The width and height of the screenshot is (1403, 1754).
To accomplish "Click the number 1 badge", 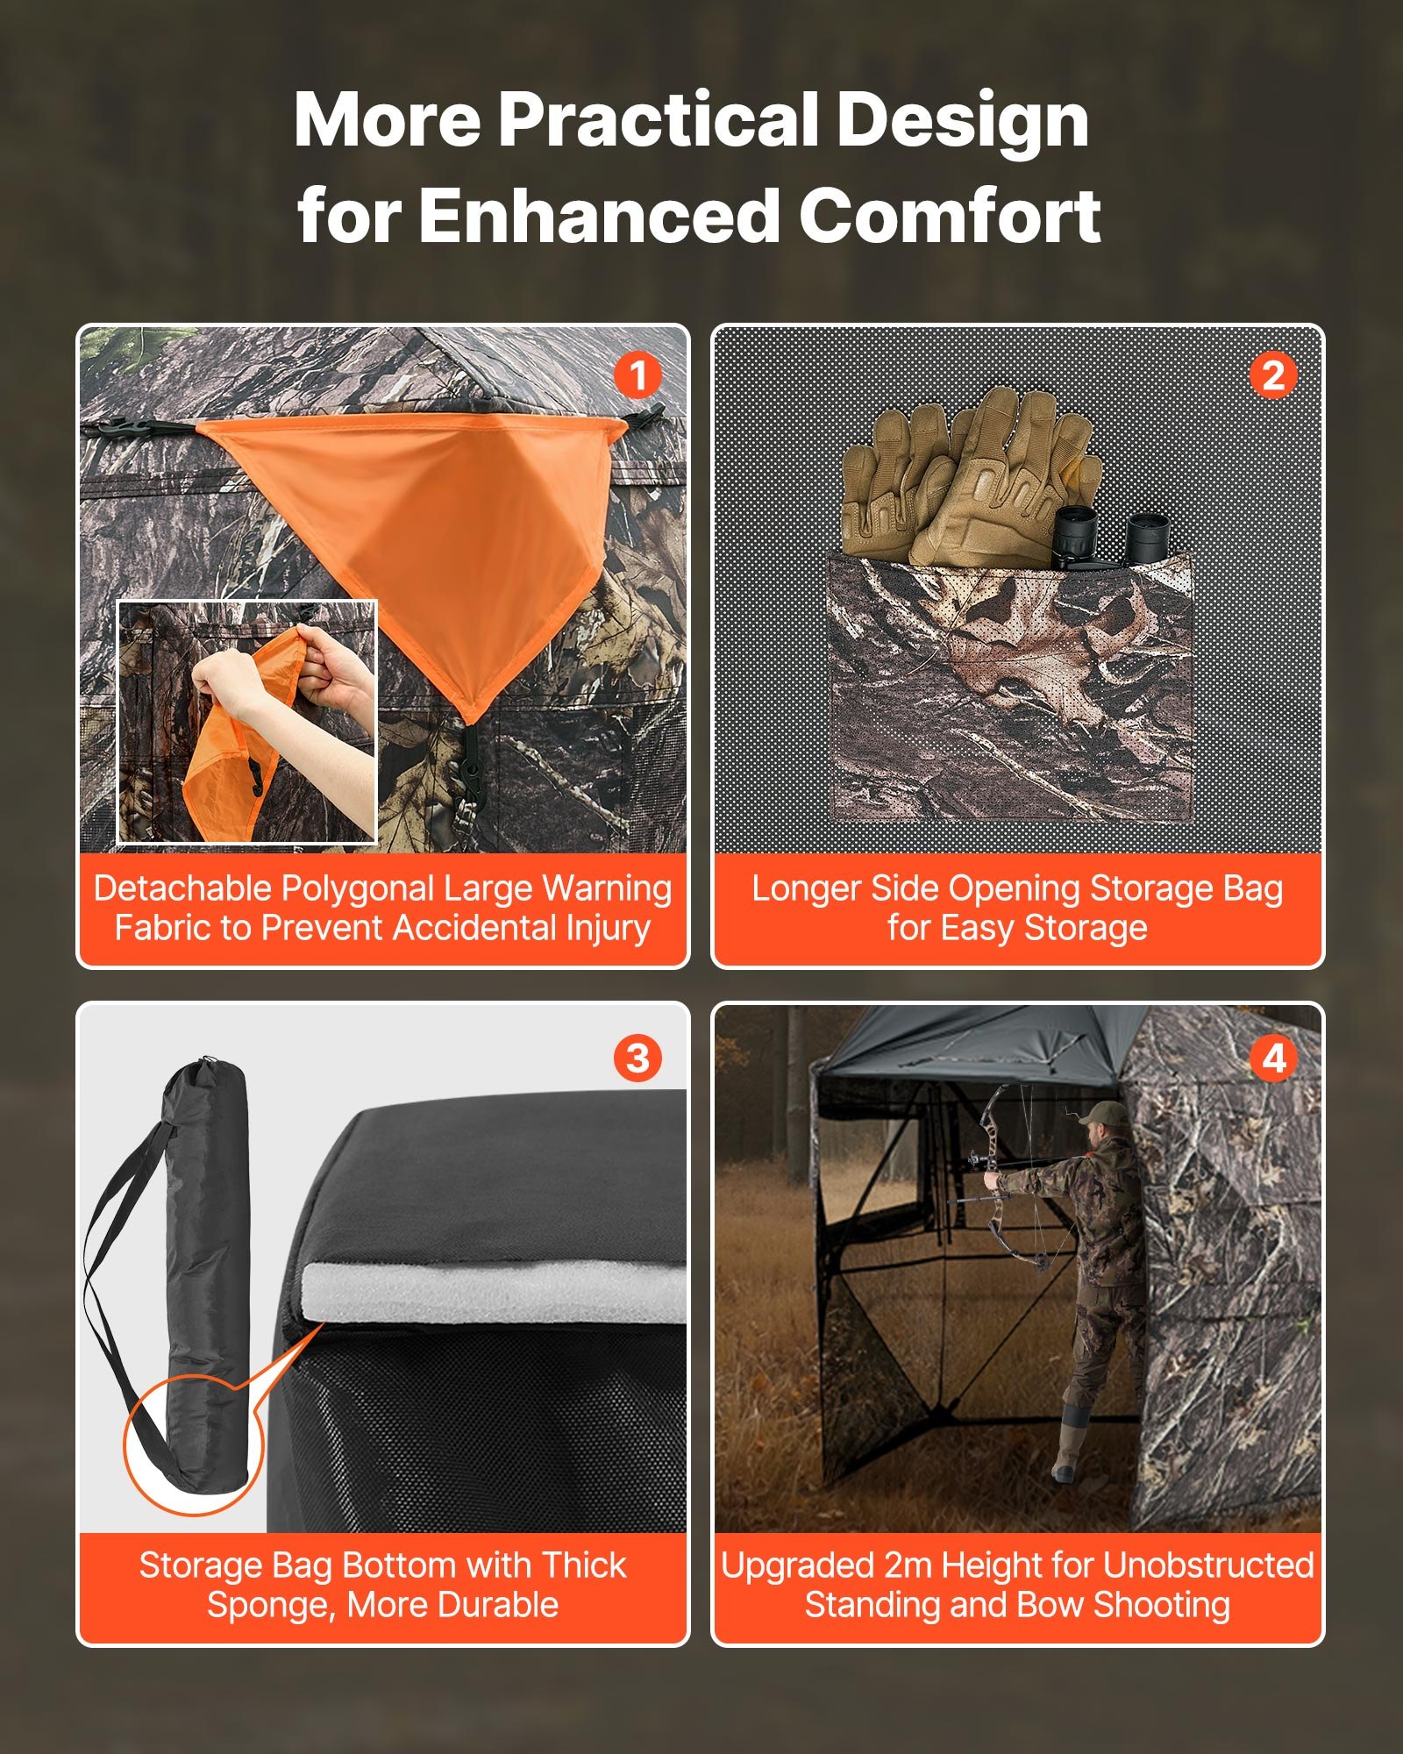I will click(637, 376).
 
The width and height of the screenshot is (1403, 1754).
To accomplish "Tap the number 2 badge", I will click(1273, 376).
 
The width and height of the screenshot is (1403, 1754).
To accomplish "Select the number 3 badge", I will click(637, 1058).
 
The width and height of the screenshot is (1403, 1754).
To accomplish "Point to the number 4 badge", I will click(1273, 1058).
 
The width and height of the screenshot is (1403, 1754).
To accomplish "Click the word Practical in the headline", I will click(659, 120).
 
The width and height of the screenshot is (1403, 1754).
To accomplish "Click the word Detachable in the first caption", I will click(182, 888).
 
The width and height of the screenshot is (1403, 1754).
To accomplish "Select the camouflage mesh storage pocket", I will click(1008, 693).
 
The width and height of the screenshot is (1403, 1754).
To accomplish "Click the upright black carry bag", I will click(206, 1272).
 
